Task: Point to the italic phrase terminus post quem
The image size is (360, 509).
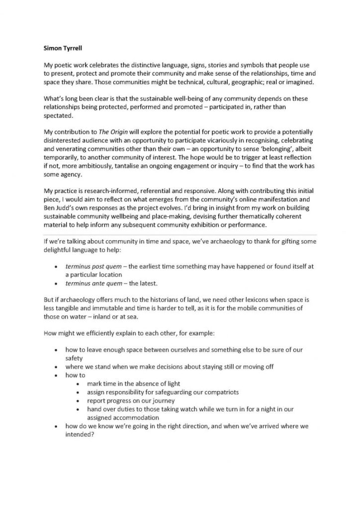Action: point(90,266)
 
